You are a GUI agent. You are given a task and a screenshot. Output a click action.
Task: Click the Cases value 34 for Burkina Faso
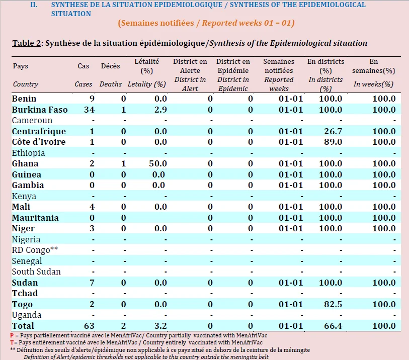[x=89, y=110]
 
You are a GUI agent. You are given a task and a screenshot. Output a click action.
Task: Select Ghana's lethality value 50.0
[x=158, y=164]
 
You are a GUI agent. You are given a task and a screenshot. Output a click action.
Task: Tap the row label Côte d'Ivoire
[x=39, y=142]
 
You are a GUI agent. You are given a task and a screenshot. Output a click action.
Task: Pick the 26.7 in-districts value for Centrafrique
[x=333, y=131]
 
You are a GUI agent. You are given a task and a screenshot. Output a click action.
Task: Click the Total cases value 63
[x=89, y=326]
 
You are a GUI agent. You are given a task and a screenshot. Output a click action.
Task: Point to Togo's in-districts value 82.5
[x=333, y=304]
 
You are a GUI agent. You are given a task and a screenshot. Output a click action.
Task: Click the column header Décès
[x=110, y=66]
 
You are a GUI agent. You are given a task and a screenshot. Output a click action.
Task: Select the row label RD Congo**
[x=35, y=250]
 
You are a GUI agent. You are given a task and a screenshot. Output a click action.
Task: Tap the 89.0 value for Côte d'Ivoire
[x=333, y=142]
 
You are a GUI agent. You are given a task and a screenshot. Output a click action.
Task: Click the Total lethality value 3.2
[x=160, y=326]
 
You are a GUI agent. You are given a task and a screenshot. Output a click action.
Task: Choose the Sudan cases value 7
[x=92, y=283]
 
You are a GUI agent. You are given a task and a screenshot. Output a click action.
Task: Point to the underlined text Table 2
[x=27, y=43]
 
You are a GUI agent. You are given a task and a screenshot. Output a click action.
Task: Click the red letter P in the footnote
[x=12, y=335]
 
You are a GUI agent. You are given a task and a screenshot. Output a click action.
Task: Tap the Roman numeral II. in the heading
[x=34, y=5]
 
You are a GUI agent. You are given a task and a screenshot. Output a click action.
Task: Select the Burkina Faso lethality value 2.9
[x=160, y=110]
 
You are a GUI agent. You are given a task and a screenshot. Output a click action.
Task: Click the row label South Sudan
[x=36, y=272]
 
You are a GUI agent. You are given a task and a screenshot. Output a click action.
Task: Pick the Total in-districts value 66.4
[x=333, y=326]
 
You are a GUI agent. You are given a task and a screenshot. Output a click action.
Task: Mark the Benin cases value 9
[x=92, y=99]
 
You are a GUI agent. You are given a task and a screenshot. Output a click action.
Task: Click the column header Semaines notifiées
[x=279, y=66]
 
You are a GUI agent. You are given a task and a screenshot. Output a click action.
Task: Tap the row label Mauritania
[x=35, y=218]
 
